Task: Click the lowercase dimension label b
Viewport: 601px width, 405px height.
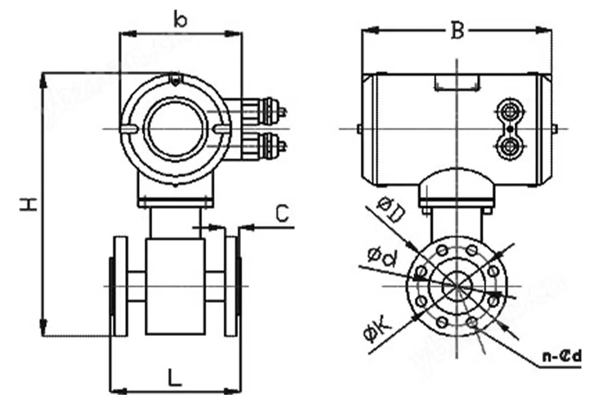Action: (180, 19)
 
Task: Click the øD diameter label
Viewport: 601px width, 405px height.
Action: (389, 210)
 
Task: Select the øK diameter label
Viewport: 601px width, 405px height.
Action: (378, 332)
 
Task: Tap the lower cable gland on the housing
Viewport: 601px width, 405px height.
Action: (264, 143)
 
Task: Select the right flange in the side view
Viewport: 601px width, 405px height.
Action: (231, 286)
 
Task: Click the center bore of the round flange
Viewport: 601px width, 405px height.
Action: (457, 285)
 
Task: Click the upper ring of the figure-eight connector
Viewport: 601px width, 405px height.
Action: (510, 112)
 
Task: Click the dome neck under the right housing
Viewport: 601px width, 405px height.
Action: (457, 186)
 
